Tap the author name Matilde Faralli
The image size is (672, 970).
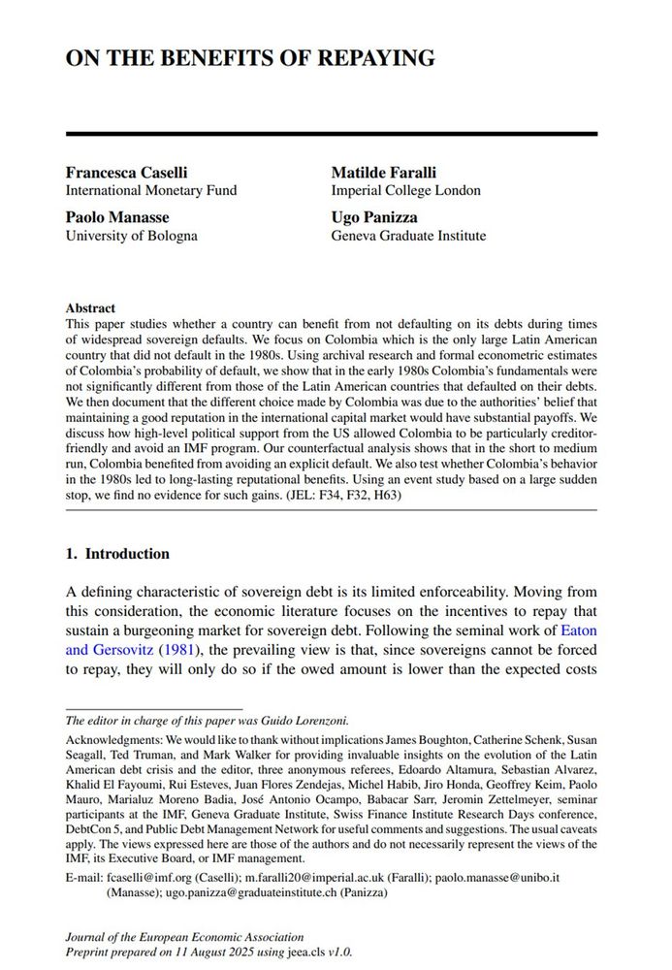[x=386, y=172]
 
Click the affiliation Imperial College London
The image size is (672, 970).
[x=405, y=190]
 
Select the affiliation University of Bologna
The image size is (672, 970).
[x=131, y=236]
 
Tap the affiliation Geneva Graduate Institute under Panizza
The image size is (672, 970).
[x=408, y=236]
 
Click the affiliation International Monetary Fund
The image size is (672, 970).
[x=150, y=190]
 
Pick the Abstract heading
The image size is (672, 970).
[x=90, y=307]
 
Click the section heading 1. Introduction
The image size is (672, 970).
[x=117, y=554]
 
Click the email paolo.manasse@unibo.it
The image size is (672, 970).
[x=517, y=877]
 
